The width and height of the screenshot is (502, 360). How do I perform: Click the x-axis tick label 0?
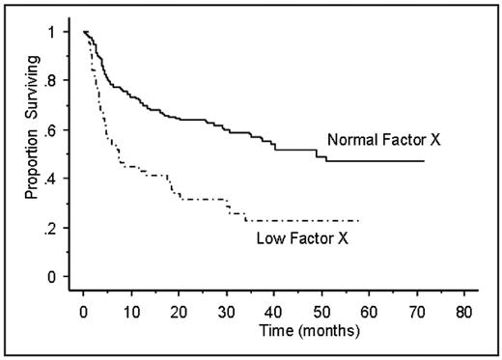[x=84, y=314]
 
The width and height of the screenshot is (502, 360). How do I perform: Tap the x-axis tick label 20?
[x=179, y=314]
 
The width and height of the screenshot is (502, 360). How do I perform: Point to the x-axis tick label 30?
[x=227, y=314]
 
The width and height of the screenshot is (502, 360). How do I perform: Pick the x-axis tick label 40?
[x=274, y=314]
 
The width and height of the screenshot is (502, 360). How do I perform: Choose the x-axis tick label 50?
[x=321, y=314]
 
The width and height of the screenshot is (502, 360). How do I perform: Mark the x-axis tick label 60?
[x=369, y=314]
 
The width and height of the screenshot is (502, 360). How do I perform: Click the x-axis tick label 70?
[x=417, y=314]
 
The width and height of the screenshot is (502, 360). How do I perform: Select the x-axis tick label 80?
[x=464, y=314]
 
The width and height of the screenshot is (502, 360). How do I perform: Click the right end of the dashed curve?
[x=360, y=220]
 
